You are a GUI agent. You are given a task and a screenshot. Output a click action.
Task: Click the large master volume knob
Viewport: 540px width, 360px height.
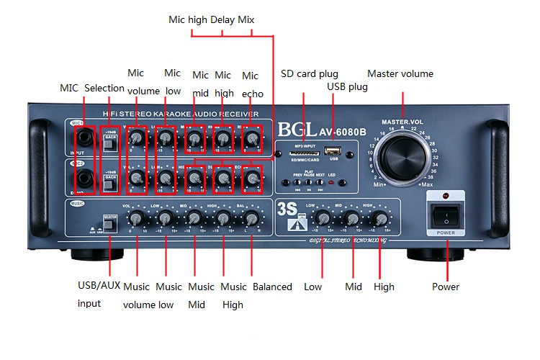[402, 153]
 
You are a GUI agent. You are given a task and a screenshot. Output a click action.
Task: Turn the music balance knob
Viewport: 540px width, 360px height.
[251, 217]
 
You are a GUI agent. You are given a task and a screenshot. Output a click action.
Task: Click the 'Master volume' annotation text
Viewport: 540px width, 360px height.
[400, 73]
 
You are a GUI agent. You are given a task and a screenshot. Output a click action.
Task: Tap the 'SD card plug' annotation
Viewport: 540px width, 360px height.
[309, 73]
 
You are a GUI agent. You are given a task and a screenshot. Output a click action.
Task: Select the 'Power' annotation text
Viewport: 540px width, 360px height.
[446, 287]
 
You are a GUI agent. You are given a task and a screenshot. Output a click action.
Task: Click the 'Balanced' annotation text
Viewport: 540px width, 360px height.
[272, 287]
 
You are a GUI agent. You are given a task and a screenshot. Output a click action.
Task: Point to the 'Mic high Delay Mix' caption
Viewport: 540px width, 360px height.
[211, 19]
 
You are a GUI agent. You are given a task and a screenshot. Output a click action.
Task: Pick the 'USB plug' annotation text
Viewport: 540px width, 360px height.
[347, 86]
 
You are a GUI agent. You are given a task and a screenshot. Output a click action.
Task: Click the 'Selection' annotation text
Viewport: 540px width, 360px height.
[104, 88]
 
